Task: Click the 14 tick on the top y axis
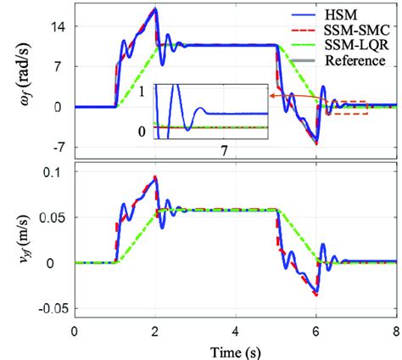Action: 59,26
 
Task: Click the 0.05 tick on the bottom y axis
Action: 53,219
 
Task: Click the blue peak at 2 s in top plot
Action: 155,10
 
